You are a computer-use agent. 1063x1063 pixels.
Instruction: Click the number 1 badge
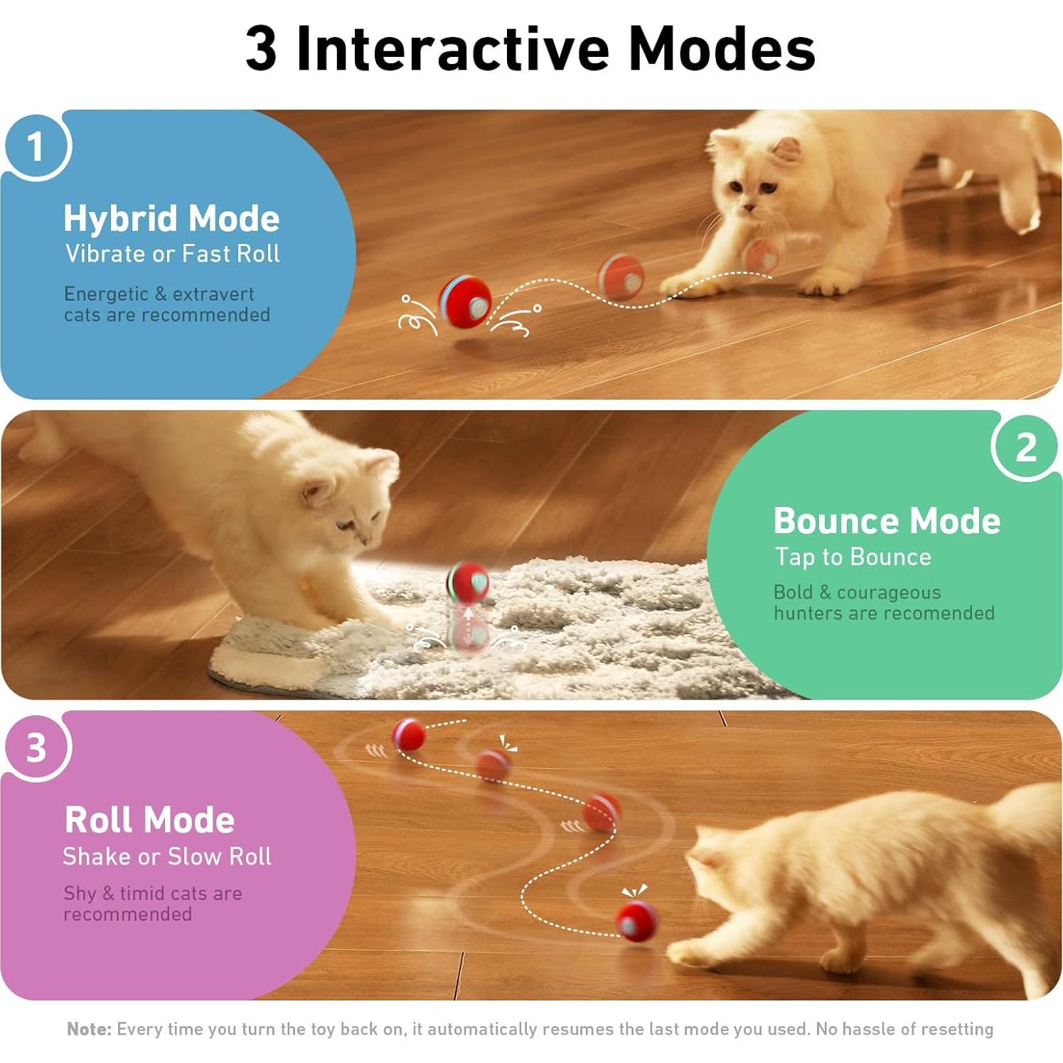pos(36,146)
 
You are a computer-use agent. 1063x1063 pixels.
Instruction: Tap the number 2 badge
pos(1025,447)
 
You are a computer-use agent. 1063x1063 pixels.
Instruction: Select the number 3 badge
pos(36,747)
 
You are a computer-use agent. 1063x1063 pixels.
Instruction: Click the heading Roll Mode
pos(149,819)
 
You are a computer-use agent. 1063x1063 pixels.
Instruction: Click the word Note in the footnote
pos(88,1029)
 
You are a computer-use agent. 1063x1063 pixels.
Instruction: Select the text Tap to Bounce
pos(853,557)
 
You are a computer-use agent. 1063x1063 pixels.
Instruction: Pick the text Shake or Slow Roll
pos(167,856)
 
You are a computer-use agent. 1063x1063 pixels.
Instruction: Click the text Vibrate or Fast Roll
pos(172,254)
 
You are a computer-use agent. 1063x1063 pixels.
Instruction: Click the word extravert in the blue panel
pos(213,294)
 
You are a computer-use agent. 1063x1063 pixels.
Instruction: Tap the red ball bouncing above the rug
pos(468,582)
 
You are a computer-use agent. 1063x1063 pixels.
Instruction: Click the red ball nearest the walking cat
pos(636,921)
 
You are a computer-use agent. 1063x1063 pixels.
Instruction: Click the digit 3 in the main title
pos(261,48)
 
